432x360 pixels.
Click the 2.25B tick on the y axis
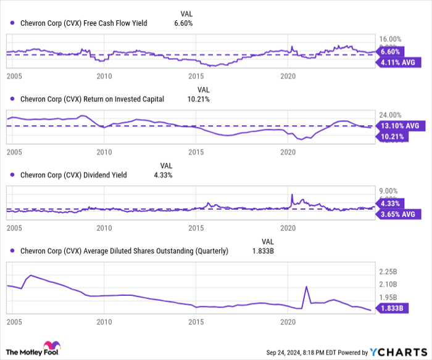pos(390,272)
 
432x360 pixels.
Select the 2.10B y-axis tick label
pos(390,284)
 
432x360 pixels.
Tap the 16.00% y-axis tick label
pos(390,38)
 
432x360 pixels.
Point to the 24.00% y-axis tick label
pos(390,115)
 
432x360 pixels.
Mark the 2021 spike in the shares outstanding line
pos(306,287)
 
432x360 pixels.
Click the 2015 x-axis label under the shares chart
pos(196,322)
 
